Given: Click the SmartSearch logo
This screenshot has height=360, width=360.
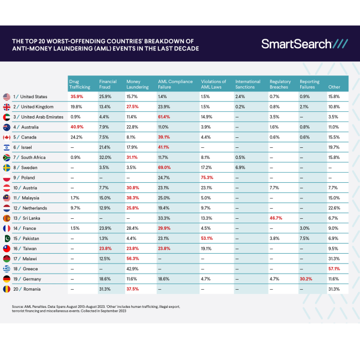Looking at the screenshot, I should pos(304,44).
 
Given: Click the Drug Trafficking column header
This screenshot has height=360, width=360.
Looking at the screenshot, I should pos(79,84).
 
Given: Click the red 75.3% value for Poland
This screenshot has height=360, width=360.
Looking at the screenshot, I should pos(208,178).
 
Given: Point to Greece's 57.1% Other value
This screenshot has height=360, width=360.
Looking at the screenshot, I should pos(334,269).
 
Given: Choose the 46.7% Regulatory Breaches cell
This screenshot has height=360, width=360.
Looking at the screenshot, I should pos(276,218).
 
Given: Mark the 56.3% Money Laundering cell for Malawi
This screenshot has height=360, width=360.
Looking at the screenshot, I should pos(133,259).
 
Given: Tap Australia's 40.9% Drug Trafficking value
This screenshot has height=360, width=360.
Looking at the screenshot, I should pos(76,127).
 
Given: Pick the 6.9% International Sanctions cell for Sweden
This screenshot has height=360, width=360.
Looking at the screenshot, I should pos(240,167).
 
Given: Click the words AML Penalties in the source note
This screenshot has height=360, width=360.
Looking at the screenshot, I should pos(37,306).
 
